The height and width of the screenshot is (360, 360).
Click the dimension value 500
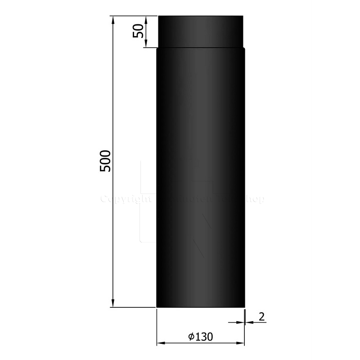[104, 160]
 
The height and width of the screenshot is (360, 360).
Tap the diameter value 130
[203, 337]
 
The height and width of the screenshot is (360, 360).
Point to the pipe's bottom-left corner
[157, 307]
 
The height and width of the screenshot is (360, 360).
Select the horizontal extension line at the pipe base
[133, 307]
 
